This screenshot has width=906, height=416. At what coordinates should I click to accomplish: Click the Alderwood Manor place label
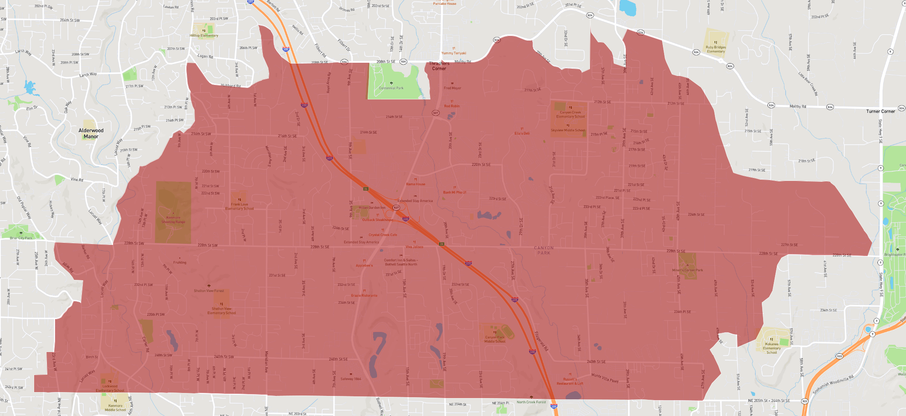pos(91,134)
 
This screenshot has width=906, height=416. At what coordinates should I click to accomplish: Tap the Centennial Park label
pos(391,88)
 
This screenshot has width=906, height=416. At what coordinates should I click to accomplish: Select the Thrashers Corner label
pos(439,66)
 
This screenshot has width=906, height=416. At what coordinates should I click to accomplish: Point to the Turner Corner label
pos(880,111)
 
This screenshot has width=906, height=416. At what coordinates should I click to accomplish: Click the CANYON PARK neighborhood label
pos(544,250)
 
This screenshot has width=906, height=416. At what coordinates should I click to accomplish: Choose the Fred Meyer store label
pos(452,88)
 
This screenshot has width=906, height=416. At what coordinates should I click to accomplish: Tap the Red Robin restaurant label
pos(452,106)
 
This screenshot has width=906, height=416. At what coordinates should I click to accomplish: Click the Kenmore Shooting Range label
pos(173,220)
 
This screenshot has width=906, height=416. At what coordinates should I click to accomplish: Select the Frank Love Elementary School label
pos(239,207)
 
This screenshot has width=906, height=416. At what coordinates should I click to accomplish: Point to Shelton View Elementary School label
pos(221,311)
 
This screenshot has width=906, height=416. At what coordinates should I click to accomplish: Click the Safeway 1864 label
pos(351,379)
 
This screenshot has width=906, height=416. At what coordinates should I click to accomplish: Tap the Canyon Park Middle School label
pos(495,339)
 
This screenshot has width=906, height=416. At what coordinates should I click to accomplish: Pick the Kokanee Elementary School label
pos(772,348)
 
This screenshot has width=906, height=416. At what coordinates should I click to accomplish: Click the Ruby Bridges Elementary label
pos(716,49)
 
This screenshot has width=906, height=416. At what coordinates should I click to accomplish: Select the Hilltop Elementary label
pos(204,35)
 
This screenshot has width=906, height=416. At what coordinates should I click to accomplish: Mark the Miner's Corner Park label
pos(687,270)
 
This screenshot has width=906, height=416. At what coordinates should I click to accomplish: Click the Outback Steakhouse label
pos(377,220)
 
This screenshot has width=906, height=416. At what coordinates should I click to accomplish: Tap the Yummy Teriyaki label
pos(453,53)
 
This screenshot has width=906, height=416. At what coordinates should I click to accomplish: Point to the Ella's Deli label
pos(522,133)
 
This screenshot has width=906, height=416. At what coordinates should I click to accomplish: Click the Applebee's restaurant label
pos(364,265)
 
